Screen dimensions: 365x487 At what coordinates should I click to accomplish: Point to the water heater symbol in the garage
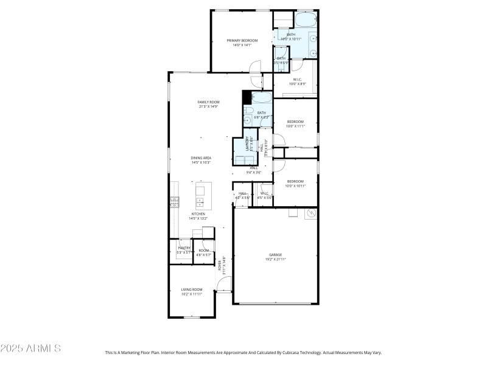(x=310, y=214)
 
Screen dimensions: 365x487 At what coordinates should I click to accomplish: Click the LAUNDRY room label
(x=248, y=144)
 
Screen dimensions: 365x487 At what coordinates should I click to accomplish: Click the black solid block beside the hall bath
(x=247, y=97)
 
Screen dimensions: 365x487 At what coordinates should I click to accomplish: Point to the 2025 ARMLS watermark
(x=30, y=349)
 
